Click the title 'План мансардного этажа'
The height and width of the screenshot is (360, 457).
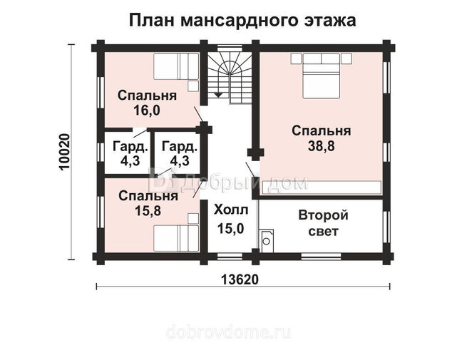coord(242,21)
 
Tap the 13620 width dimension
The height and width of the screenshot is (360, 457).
coord(240,280)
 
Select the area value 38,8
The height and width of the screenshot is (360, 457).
coord(321,146)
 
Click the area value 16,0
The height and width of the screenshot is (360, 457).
coord(147,110)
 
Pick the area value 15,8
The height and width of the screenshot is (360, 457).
coord(148,210)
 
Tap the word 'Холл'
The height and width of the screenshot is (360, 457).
coord(231,210)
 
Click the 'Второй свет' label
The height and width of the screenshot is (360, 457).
coord(323,223)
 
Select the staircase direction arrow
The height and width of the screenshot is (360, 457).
coord(218,95)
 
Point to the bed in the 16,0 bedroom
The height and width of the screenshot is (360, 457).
coord(176,66)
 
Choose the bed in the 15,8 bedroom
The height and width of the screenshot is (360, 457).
coord(176,238)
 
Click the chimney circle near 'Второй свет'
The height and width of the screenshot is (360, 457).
coord(267,241)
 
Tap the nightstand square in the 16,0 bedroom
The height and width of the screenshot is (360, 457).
coord(193,86)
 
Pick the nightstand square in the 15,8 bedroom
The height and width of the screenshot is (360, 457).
coord(193,219)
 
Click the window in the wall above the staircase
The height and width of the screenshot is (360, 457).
coord(230,48)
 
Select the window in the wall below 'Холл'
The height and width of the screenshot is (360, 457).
coord(230,257)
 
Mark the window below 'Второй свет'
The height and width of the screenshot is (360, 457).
coord(321,257)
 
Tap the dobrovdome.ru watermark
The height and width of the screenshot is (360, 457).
coord(228,331)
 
